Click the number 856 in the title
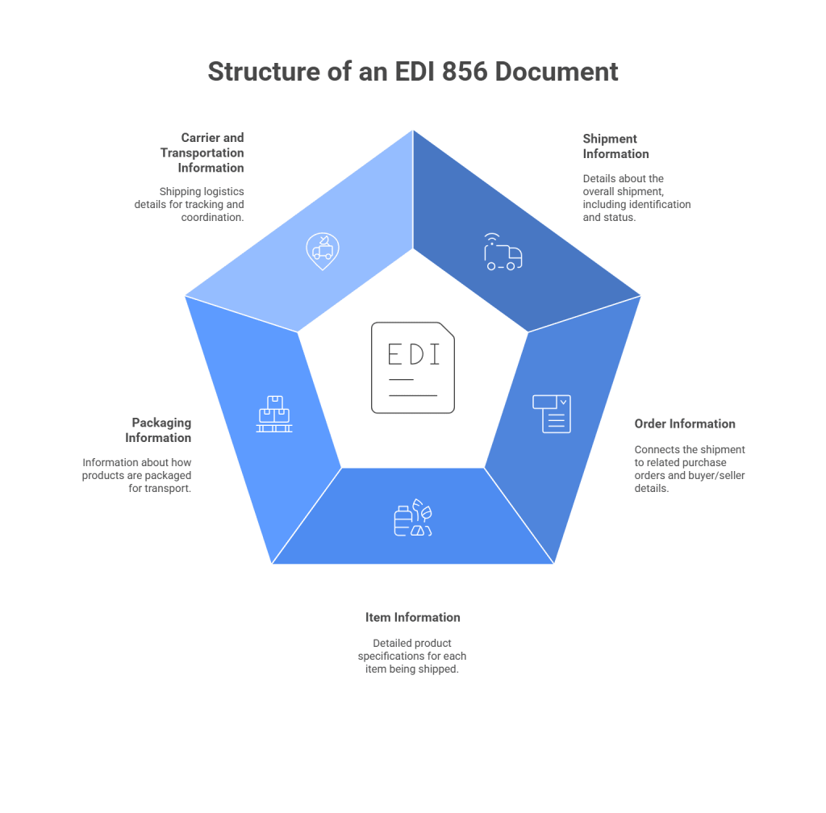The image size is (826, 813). coord(465,72)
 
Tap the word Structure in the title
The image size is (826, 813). coord(264,72)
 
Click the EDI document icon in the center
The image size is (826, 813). coord(413,368)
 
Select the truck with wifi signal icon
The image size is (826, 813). coord(503,252)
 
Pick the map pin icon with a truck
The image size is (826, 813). coord(323,251)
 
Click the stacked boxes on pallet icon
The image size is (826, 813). coord(274,414)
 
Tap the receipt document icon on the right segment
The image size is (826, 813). coord(552,414)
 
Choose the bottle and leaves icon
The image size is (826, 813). coord(414,517)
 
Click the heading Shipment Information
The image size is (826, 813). coord(615,146)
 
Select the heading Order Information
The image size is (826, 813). coord(685,424)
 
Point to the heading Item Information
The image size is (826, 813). coord(413,617)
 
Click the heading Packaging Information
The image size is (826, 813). coord(158,430)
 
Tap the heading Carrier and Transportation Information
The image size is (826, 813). coord(202,152)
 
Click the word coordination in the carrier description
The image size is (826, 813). coord(212,218)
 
